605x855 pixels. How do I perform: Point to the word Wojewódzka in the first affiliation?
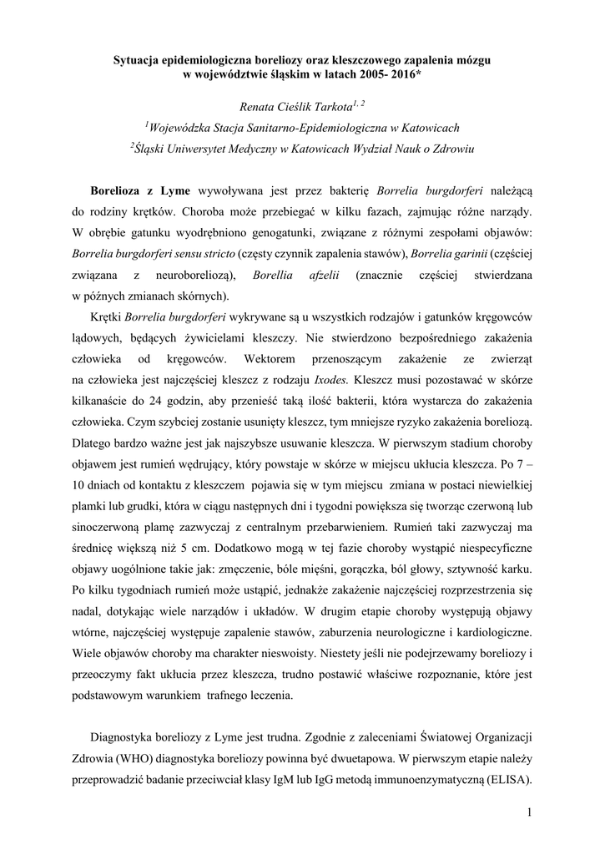point(185,126)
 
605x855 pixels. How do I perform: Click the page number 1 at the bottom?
point(529,812)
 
